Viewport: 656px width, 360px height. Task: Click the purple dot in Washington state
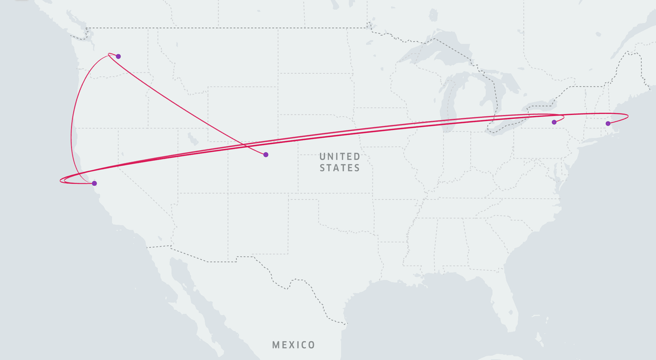click(118, 56)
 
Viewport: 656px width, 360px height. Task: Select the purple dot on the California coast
click(94, 183)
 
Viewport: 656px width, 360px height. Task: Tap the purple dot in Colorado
click(266, 155)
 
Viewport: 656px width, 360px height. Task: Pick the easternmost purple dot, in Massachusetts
click(608, 123)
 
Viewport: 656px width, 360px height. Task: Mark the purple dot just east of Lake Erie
click(554, 122)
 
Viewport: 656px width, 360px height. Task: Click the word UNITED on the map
click(340, 156)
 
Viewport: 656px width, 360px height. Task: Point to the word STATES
click(340, 167)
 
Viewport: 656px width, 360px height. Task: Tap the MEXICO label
click(293, 345)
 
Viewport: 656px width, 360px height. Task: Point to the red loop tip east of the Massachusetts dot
click(628, 116)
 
